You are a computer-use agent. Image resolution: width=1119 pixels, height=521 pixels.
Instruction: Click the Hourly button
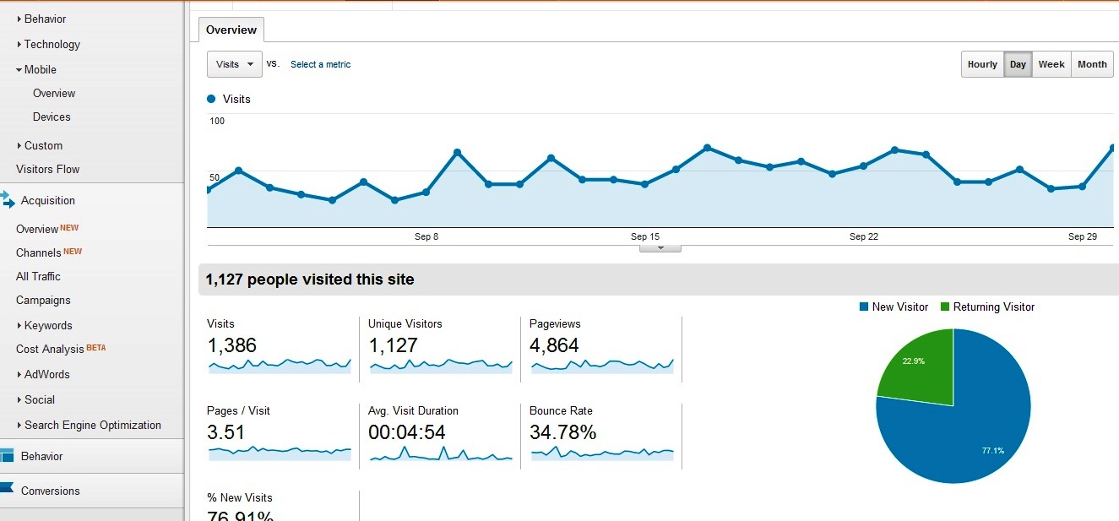[982, 65]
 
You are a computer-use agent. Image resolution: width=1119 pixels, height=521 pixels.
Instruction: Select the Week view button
[1051, 65]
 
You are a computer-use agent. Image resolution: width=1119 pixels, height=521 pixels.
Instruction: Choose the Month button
[1092, 65]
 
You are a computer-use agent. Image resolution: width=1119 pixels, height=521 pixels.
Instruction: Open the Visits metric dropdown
[234, 64]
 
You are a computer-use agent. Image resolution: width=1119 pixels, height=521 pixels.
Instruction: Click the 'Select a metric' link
[320, 65]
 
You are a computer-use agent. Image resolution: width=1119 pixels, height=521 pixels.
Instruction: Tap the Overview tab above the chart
[231, 30]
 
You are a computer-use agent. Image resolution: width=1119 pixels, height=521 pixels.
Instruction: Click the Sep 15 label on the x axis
[645, 237]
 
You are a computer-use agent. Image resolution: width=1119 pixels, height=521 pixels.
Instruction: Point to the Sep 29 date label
[1082, 237]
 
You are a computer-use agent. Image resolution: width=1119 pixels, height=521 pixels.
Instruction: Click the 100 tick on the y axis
[217, 122]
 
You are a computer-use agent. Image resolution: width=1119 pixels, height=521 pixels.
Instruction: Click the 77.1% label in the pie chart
[992, 451]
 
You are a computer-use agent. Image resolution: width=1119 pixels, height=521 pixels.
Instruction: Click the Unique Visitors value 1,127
[393, 345]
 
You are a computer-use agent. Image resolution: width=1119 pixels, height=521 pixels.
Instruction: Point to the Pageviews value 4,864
[554, 345]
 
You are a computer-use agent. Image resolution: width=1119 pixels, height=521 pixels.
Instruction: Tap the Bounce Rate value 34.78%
[562, 432]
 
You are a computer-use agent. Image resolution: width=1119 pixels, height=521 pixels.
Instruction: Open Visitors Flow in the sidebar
[47, 169]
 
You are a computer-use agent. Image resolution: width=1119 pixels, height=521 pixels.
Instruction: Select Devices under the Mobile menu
[52, 117]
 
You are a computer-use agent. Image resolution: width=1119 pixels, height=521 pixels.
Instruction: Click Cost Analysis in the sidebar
[50, 350]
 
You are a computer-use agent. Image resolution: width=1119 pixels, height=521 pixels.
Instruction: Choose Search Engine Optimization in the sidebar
[92, 426]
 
